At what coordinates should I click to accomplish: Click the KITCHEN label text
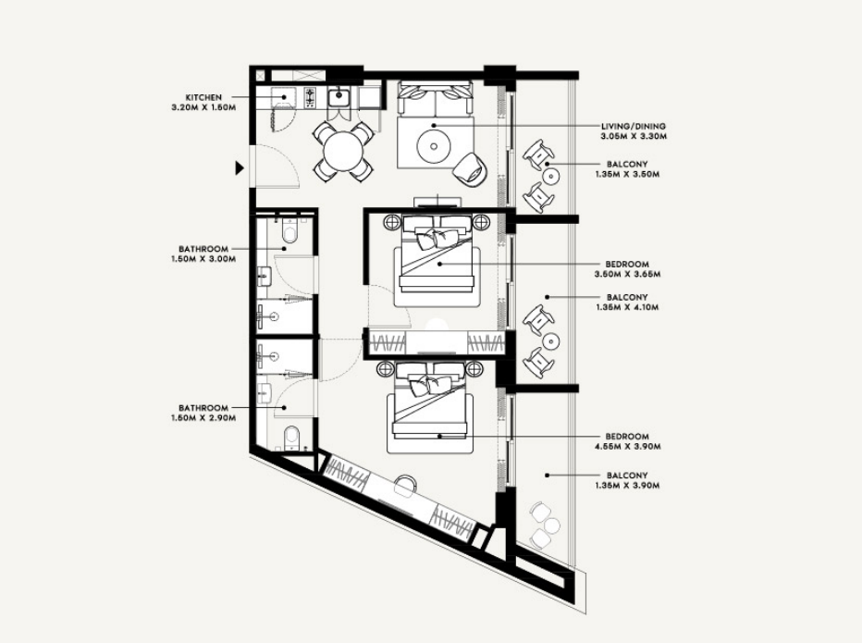tap(203, 97)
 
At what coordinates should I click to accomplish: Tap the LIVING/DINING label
tap(634, 126)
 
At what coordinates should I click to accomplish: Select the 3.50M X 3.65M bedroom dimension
tap(627, 274)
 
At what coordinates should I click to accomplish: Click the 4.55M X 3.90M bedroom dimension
tap(627, 447)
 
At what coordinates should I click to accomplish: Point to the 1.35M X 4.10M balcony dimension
tap(627, 307)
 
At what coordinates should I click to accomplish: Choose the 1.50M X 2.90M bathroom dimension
tap(203, 418)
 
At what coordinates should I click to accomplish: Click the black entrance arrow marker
tap(240, 167)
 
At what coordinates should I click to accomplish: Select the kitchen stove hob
tap(311, 97)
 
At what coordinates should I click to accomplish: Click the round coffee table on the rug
tap(434, 146)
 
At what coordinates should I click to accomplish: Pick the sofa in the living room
tap(435, 98)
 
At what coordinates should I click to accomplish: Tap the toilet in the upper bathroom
tap(289, 230)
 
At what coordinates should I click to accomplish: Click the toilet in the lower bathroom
tap(292, 439)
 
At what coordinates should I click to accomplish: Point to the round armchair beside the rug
tap(469, 167)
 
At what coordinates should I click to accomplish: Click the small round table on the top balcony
tap(550, 177)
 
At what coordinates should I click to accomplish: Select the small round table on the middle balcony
tap(550, 341)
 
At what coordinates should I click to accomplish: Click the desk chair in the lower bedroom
tap(406, 484)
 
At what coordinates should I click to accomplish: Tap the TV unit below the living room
tap(437, 203)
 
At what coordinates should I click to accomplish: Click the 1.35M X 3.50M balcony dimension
tap(627, 174)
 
